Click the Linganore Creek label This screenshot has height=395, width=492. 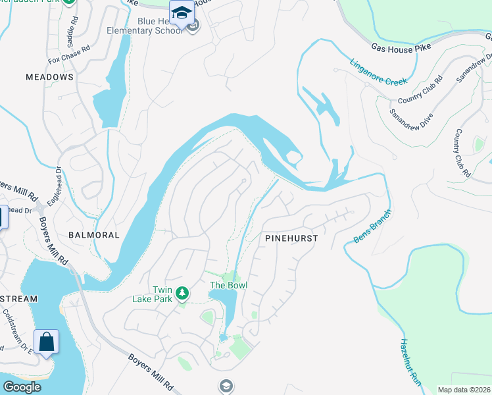pos(378,71)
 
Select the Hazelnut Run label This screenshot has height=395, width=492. pos(410,361)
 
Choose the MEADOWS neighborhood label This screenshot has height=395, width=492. pos(49,77)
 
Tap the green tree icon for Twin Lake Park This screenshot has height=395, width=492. pos(182,292)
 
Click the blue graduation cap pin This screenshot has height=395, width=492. pos(182,12)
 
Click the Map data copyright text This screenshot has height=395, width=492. pos(464,390)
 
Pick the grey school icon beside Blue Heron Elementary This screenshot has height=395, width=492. pos(192,27)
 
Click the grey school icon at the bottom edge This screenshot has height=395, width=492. pos(226,385)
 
